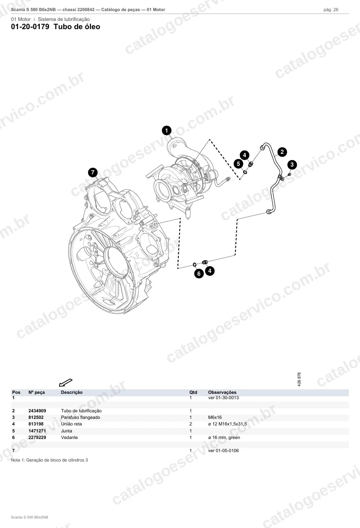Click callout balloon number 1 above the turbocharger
click(166, 130)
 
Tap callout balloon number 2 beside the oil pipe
click(282, 152)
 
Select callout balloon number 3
click(292, 165)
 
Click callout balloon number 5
click(239, 164)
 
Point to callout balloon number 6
click(199, 274)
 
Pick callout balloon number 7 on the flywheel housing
click(93, 173)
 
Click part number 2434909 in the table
click(37, 411)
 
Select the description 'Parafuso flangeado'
click(81, 417)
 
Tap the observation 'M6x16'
click(215, 417)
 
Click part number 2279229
click(37, 437)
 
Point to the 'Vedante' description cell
click(69, 437)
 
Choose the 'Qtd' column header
click(193, 392)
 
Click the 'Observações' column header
click(222, 392)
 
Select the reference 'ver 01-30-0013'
click(223, 398)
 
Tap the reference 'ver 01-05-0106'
click(223, 450)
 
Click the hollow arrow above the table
click(66, 382)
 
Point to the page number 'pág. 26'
click(331, 10)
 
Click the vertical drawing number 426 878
click(299, 379)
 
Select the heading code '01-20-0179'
click(30, 27)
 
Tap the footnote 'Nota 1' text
click(49, 460)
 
